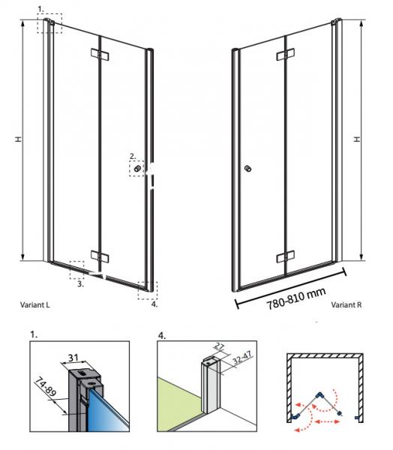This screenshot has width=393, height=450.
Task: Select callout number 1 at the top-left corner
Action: (x=41, y=9)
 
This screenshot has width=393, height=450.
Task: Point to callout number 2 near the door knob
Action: (x=132, y=156)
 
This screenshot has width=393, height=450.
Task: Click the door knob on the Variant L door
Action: (x=137, y=169)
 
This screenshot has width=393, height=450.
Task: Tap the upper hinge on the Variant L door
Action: (x=100, y=55)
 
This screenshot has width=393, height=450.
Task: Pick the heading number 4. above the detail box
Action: (x=163, y=334)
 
